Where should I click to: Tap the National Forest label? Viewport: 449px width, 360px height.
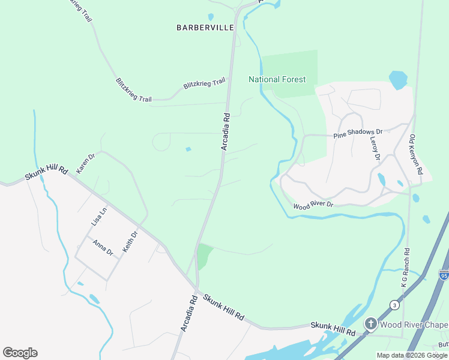pos(277,79)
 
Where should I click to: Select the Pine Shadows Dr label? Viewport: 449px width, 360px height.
pos(358,133)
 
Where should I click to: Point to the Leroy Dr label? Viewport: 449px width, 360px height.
pos(375,149)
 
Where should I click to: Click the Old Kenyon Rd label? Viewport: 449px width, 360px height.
pos(416,155)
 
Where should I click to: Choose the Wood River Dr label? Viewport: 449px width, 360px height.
pos(313,206)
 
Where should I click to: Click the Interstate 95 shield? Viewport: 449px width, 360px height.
pos(444,275)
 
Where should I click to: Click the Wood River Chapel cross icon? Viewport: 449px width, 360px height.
pos(370,325)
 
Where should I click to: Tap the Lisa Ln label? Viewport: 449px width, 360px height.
pos(99,217)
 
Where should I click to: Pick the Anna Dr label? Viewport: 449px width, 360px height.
pos(102,248)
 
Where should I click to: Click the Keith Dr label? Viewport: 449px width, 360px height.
pos(130,241)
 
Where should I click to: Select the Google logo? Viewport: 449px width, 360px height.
pos(20,353)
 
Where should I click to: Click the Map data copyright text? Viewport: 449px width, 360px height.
pos(412,355)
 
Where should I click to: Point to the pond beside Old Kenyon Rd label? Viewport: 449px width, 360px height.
pos(398,80)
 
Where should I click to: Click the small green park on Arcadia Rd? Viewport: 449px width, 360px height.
pos(204,256)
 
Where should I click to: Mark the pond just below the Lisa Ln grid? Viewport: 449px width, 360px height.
pos(94,298)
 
